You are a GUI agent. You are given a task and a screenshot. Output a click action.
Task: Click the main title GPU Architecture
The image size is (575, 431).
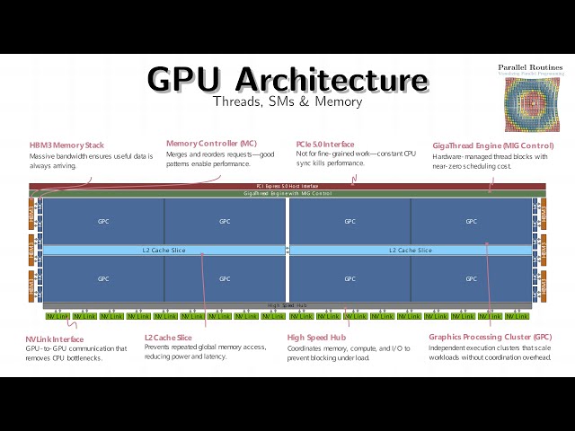287,80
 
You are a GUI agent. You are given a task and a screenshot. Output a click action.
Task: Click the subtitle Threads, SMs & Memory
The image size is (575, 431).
287,101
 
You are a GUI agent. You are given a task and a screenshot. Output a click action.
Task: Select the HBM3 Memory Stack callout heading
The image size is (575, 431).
66,145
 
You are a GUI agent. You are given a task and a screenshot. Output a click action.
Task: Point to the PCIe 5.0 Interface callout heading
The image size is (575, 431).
325,145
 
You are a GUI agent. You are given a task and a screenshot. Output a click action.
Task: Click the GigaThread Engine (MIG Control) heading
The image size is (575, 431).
493,145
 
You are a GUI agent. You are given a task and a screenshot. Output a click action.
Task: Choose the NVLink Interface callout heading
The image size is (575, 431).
55,339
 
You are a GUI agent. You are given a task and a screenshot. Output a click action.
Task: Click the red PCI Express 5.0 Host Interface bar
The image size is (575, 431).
287,187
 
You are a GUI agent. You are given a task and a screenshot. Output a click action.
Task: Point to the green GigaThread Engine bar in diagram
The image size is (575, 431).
287,193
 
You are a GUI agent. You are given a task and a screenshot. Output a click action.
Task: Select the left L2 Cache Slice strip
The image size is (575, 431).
164,250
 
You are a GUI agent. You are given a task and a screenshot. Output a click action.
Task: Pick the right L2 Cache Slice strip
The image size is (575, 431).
411,250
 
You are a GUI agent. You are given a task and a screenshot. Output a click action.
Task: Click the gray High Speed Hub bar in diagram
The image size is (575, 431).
287,305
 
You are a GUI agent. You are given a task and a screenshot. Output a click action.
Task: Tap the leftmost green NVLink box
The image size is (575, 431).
57,316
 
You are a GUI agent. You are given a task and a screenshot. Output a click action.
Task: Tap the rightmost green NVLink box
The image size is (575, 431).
517,316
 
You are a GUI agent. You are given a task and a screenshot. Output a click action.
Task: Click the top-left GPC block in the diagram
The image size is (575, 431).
103,221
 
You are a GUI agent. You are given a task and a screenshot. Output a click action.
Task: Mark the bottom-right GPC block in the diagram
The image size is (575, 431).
471,279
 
